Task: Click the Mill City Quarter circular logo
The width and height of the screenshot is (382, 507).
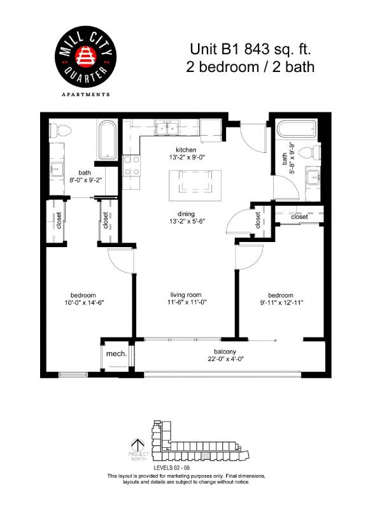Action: point(85,58)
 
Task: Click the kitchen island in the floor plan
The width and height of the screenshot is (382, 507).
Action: point(191,185)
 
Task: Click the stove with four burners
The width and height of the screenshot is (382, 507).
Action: point(132,166)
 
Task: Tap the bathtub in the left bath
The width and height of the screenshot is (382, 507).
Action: point(106,141)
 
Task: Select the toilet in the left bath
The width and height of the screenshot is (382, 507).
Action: point(62,130)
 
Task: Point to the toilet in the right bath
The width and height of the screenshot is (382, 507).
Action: point(311,153)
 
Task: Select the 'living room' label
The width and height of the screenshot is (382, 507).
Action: point(185,295)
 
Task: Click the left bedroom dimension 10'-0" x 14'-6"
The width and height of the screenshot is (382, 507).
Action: point(83,303)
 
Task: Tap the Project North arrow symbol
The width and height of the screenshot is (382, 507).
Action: point(135,445)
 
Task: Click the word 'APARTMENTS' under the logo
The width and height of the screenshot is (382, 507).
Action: point(85,94)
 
